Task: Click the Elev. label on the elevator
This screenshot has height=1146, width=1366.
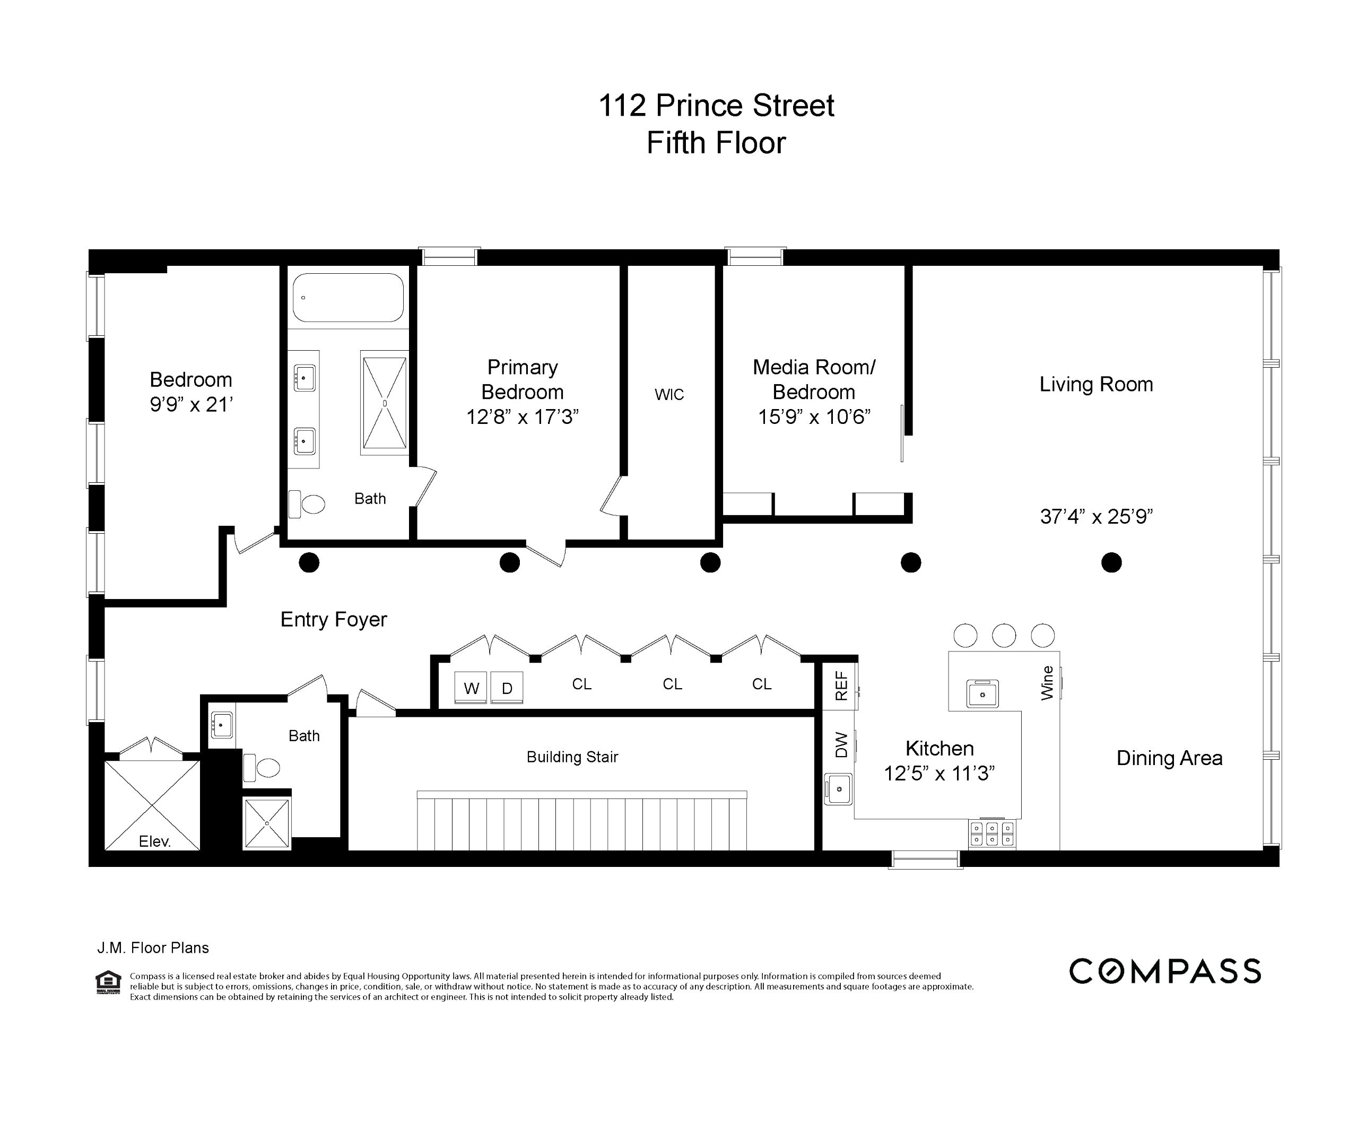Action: (x=155, y=841)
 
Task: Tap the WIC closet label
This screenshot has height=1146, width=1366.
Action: (x=669, y=394)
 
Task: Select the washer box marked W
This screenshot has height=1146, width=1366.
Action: (x=472, y=688)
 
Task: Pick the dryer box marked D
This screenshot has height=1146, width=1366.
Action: (x=507, y=688)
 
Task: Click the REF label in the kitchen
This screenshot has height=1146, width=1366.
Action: (x=841, y=686)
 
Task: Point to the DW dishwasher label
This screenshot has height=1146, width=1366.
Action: (x=841, y=745)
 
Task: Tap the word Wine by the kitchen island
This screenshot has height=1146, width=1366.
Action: (x=1047, y=683)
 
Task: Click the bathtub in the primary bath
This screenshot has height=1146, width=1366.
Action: (x=348, y=297)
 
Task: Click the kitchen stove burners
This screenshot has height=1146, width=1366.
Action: (x=992, y=833)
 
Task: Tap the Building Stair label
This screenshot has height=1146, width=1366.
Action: (x=572, y=757)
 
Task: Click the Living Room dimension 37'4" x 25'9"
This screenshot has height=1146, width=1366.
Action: (x=1096, y=516)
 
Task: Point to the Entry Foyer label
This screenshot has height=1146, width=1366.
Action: (x=333, y=619)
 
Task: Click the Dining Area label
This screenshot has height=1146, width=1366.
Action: (x=1169, y=758)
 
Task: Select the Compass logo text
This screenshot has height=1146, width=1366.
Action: (x=1165, y=971)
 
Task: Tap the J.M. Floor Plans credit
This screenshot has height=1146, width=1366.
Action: (x=153, y=948)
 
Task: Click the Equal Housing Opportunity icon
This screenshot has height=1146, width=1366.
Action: (x=108, y=982)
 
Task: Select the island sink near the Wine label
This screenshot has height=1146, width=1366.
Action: (x=983, y=693)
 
